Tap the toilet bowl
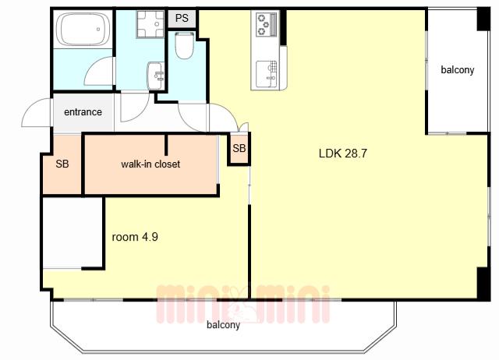185,45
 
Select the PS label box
182,19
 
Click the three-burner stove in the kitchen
267,24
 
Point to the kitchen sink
267,74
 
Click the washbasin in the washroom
155,76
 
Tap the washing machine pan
150,24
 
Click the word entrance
83,112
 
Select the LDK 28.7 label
343,154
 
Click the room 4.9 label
135,237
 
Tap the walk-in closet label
150,164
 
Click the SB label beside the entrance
62,164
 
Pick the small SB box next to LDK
239,149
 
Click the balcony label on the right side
458,70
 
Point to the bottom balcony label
223,325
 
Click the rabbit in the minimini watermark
242,305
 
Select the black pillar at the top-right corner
483,19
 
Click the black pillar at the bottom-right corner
483,284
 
